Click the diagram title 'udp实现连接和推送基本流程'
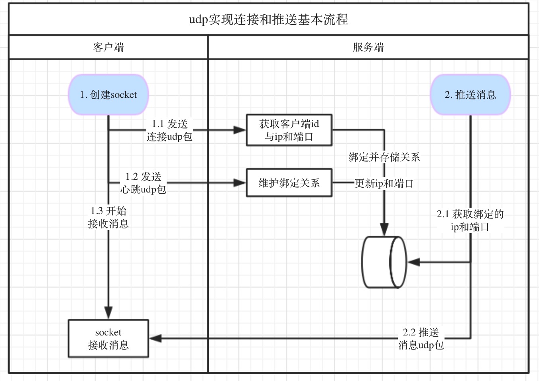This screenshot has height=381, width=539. pyautogui.click(x=268, y=20)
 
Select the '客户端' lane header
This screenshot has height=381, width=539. pyautogui.click(x=108, y=48)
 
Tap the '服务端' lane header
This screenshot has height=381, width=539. pyautogui.click(x=368, y=48)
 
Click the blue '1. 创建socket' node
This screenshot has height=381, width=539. pyautogui.click(x=108, y=95)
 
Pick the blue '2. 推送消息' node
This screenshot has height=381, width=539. pyautogui.click(x=470, y=95)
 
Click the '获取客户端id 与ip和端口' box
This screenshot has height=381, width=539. pyautogui.click(x=289, y=130)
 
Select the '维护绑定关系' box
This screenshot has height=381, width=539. pyautogui.click(x=289, y=183)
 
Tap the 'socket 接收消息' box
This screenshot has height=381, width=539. pyautogui.click(x=108, y=338)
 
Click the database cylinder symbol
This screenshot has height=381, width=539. pyautogui.click(x=384, y=262)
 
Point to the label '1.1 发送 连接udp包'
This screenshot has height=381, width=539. pyautogui.click(x=169, y=130)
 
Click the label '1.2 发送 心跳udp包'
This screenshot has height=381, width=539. pyautogui.click(x=143, y=183)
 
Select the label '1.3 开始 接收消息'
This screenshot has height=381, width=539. pyautogui.click(x=108, y=217)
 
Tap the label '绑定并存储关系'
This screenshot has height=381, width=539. pyautogui.click(x=384, y=157)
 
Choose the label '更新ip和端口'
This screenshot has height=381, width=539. pyautogui.click(x=384, y=184)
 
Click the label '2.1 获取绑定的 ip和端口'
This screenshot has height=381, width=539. pyautogui.click(x=470, y=220)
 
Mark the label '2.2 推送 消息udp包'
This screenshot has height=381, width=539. pyautogui.click(x=421, y=339)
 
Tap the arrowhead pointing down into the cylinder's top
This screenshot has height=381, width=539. pyautogui.click(x=384, y=230)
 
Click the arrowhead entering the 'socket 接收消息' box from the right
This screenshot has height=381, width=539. pyautogui.click(x=155, y=338)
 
